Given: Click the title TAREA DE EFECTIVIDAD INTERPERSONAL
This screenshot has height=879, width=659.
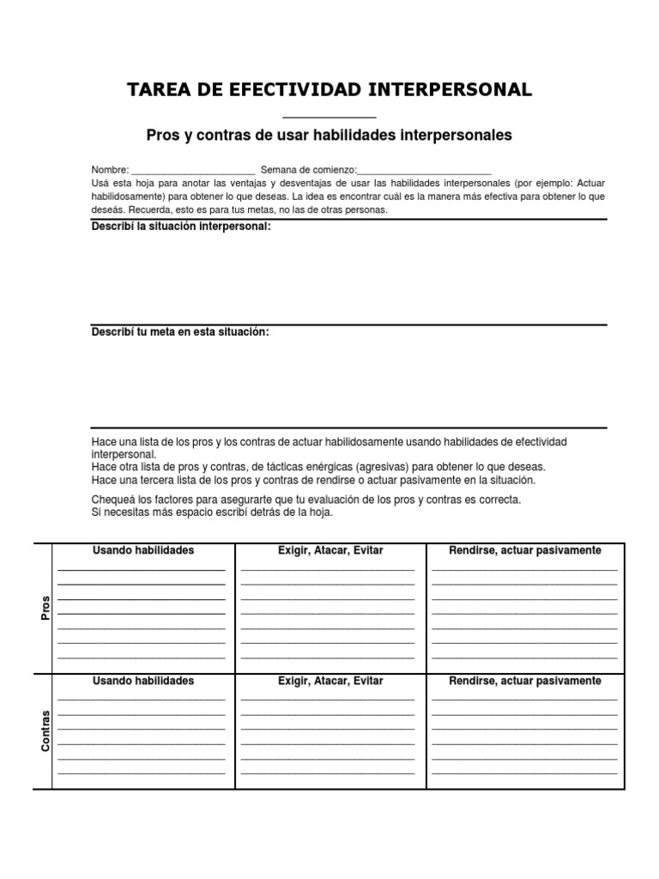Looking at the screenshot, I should (x=329, y=89).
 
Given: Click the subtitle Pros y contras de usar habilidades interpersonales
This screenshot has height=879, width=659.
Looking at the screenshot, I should (x=329, y=135).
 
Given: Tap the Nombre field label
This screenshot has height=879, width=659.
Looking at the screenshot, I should (x=109, y=170).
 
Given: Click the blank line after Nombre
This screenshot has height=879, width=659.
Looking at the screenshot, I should (x=193, y=172).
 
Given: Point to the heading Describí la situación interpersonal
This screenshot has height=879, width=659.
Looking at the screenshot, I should (x=181, y=227).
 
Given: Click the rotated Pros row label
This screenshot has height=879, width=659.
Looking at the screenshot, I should (x=45, y=608).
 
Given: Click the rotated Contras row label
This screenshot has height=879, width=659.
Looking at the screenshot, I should (x=45, y=731).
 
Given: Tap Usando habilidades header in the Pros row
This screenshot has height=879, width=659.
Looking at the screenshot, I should (x=143, y=550).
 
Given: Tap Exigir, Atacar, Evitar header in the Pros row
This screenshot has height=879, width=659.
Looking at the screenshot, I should (x=330, y=550).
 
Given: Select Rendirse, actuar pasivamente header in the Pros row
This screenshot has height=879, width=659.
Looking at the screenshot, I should (x=525, y=550).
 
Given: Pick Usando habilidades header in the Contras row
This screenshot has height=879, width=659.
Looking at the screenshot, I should (x=143, y=681).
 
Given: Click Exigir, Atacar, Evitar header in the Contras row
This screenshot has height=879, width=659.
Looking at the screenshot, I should (x=330, y=681).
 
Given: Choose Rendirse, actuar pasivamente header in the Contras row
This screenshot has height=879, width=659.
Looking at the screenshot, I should (x=525, y=681).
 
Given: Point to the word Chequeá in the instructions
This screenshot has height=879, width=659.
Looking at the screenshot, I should (x=112, y=500).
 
